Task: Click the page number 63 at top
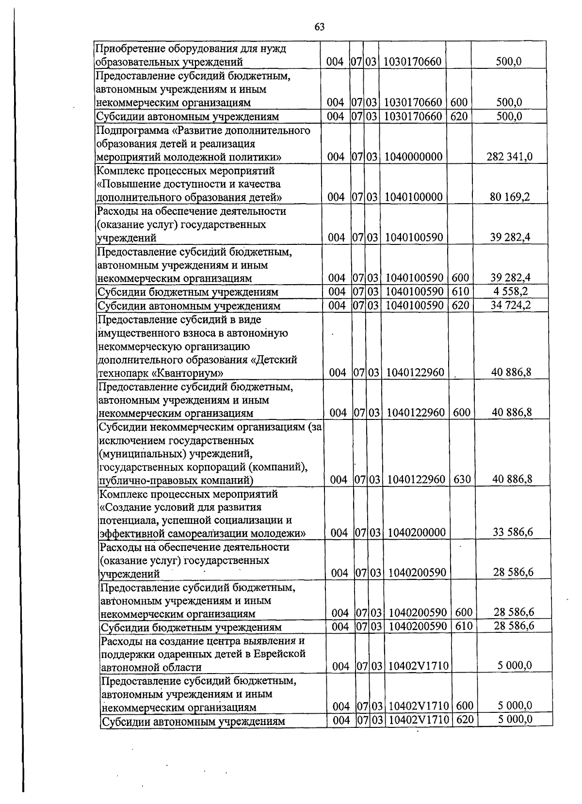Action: click(x=319, y=27)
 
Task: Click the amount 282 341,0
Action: click(x=509, y=157)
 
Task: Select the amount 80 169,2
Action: click(x=510, y=197)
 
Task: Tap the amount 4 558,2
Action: click(x=510, y=291)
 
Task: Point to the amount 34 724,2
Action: click(x=510, y=305)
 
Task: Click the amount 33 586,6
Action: click(x=513, y=532)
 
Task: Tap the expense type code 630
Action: click(x=462, y=479)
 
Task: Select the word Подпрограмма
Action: click(x=128, y=131)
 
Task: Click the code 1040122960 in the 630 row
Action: click(x=417, y=479)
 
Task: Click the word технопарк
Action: click(x=121, y=373)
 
